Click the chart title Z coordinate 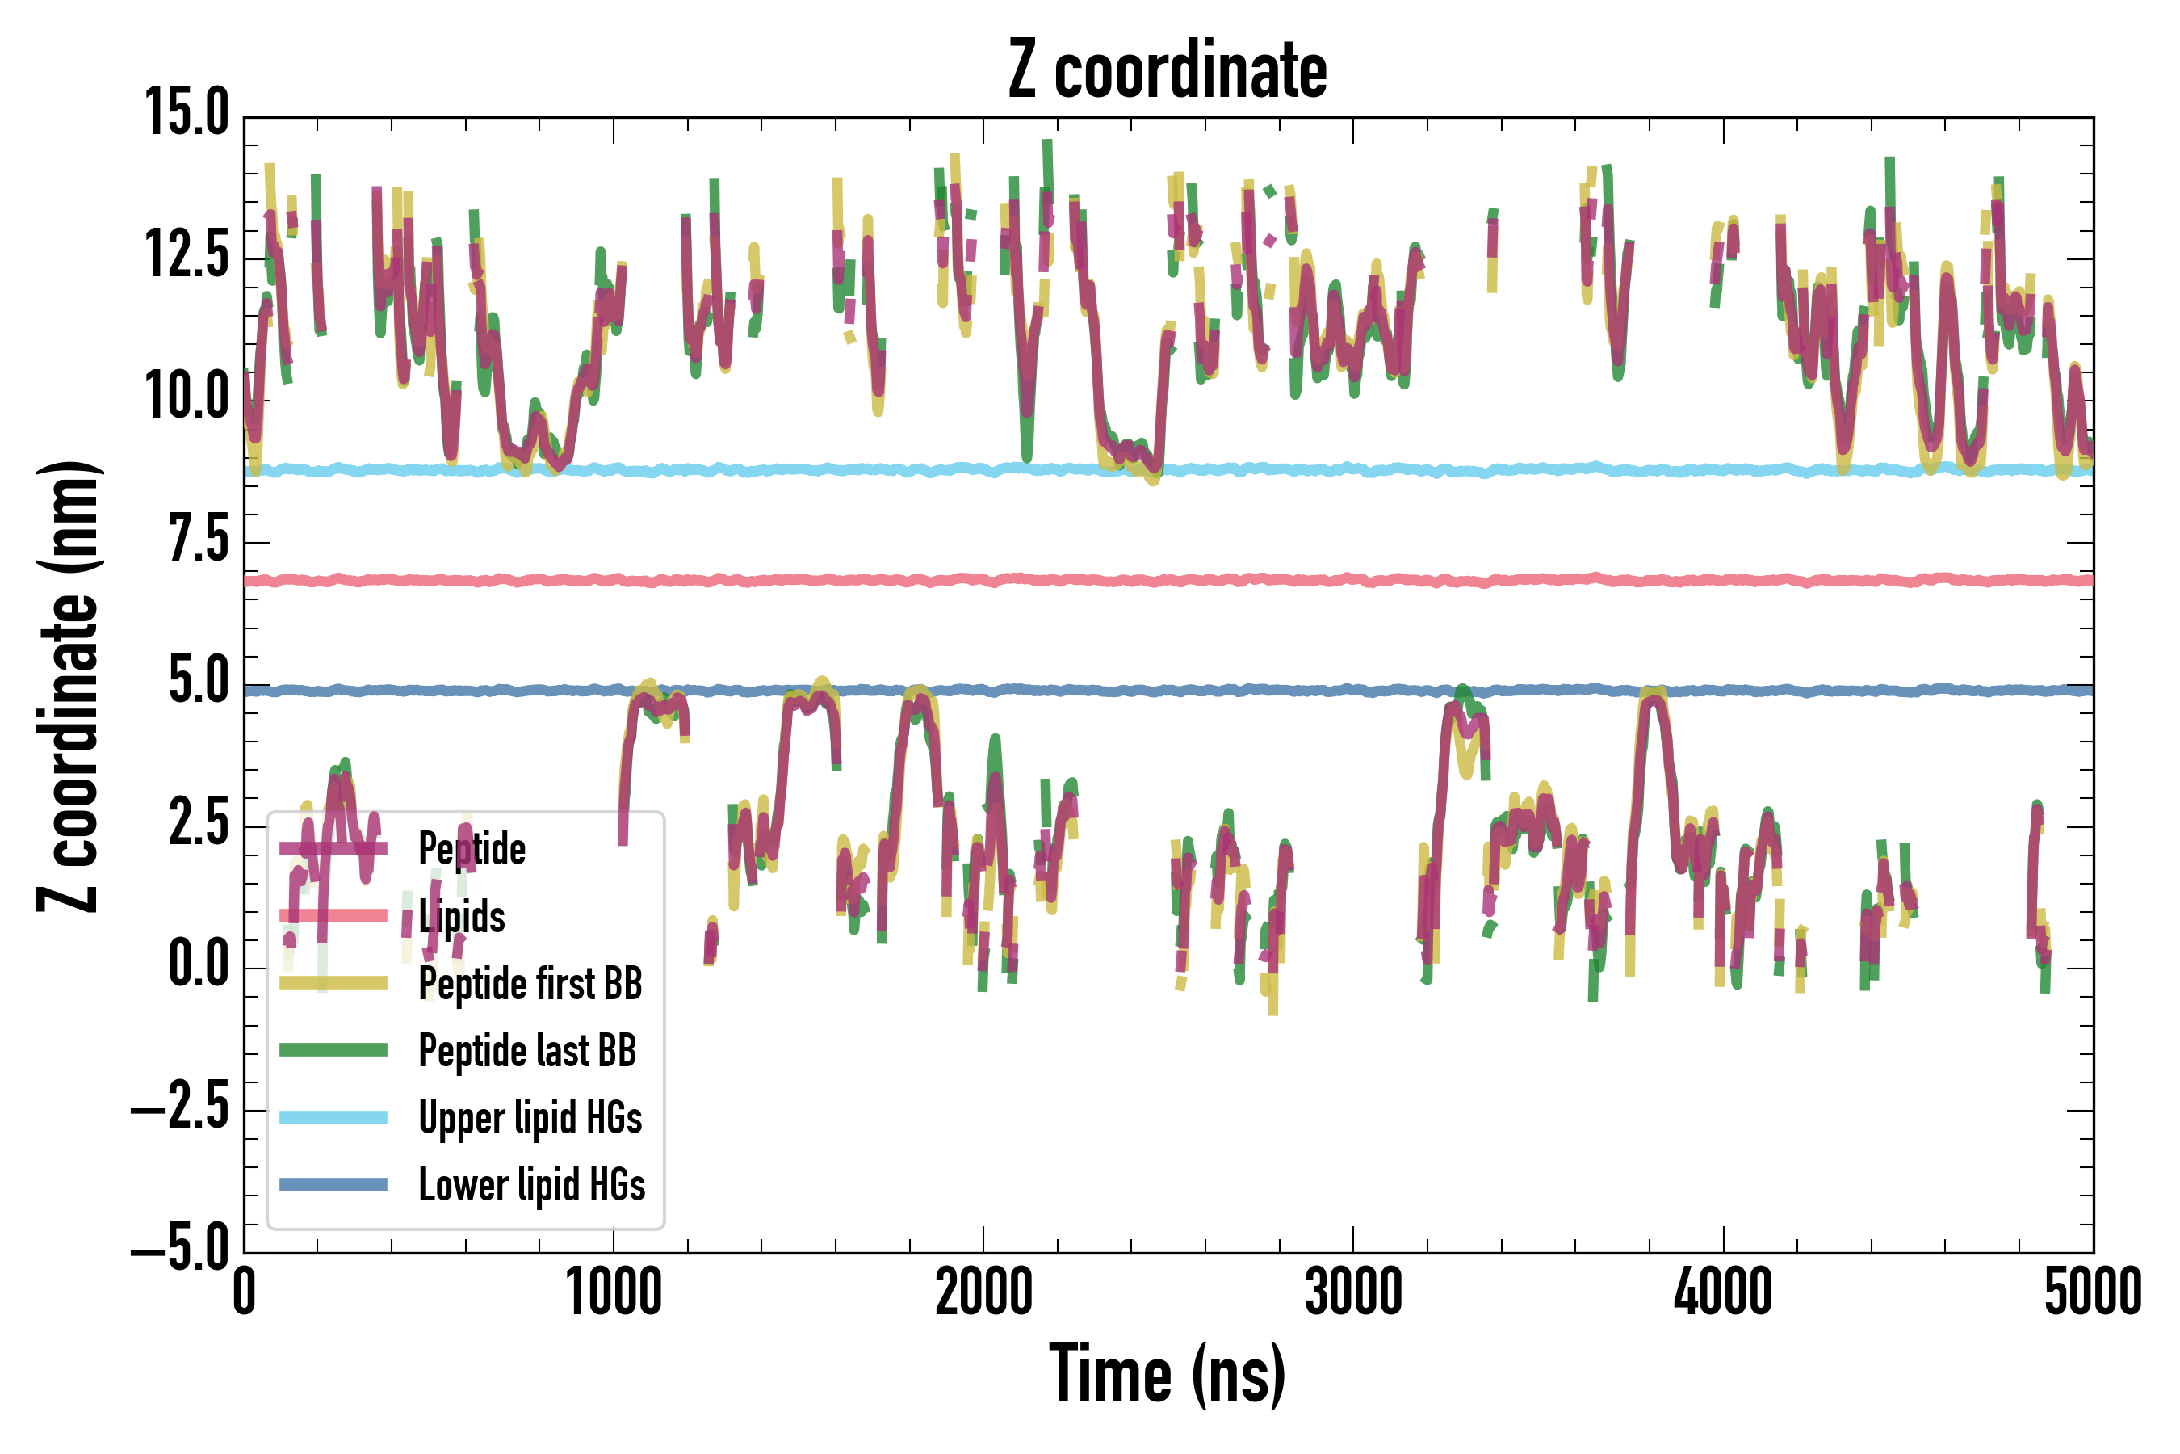pyautogui.click(x=1167, y=70)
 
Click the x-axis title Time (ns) pyautogui.click(x=1167, y=1373)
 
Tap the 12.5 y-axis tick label pyautogui.click(x=187, y=256)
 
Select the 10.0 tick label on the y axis pyautogui.click(x=187, y=397)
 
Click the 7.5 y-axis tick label pyautogui.click(x=199, y=540)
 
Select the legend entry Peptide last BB pyautogui.click(x=526, y=1051)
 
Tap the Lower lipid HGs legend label pyautogui.click(x=531, y=1185)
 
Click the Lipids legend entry pyautogui.click(x=461, y=916)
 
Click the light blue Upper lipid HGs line pyautogui.click(x=1390, y=470)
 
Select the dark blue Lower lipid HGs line pyautogui.click(x=1205, y=691)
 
